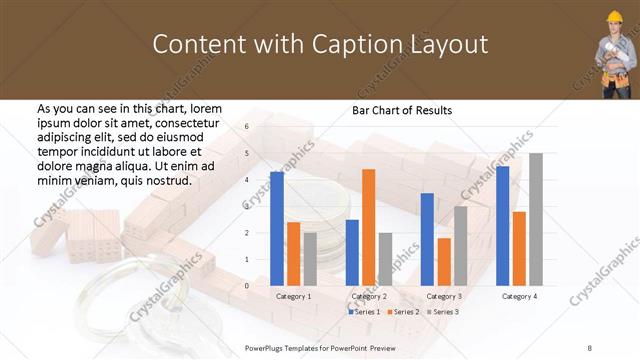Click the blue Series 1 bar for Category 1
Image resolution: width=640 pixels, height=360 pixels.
click(x=277, y=229)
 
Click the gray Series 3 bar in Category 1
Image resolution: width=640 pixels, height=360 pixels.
click(x=310, y=259)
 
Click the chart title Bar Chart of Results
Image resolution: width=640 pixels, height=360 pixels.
click(x=402, y=110)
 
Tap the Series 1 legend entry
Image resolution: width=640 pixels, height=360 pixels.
click(x=364, y=313)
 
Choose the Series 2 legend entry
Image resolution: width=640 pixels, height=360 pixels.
click(x=403, y=313)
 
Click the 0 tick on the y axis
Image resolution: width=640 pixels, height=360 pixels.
click(x=247, y=286)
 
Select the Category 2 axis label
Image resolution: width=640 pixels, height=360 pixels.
click(x=368, y=297)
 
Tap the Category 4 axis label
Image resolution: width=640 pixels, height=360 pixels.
click(x=518, y=297)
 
